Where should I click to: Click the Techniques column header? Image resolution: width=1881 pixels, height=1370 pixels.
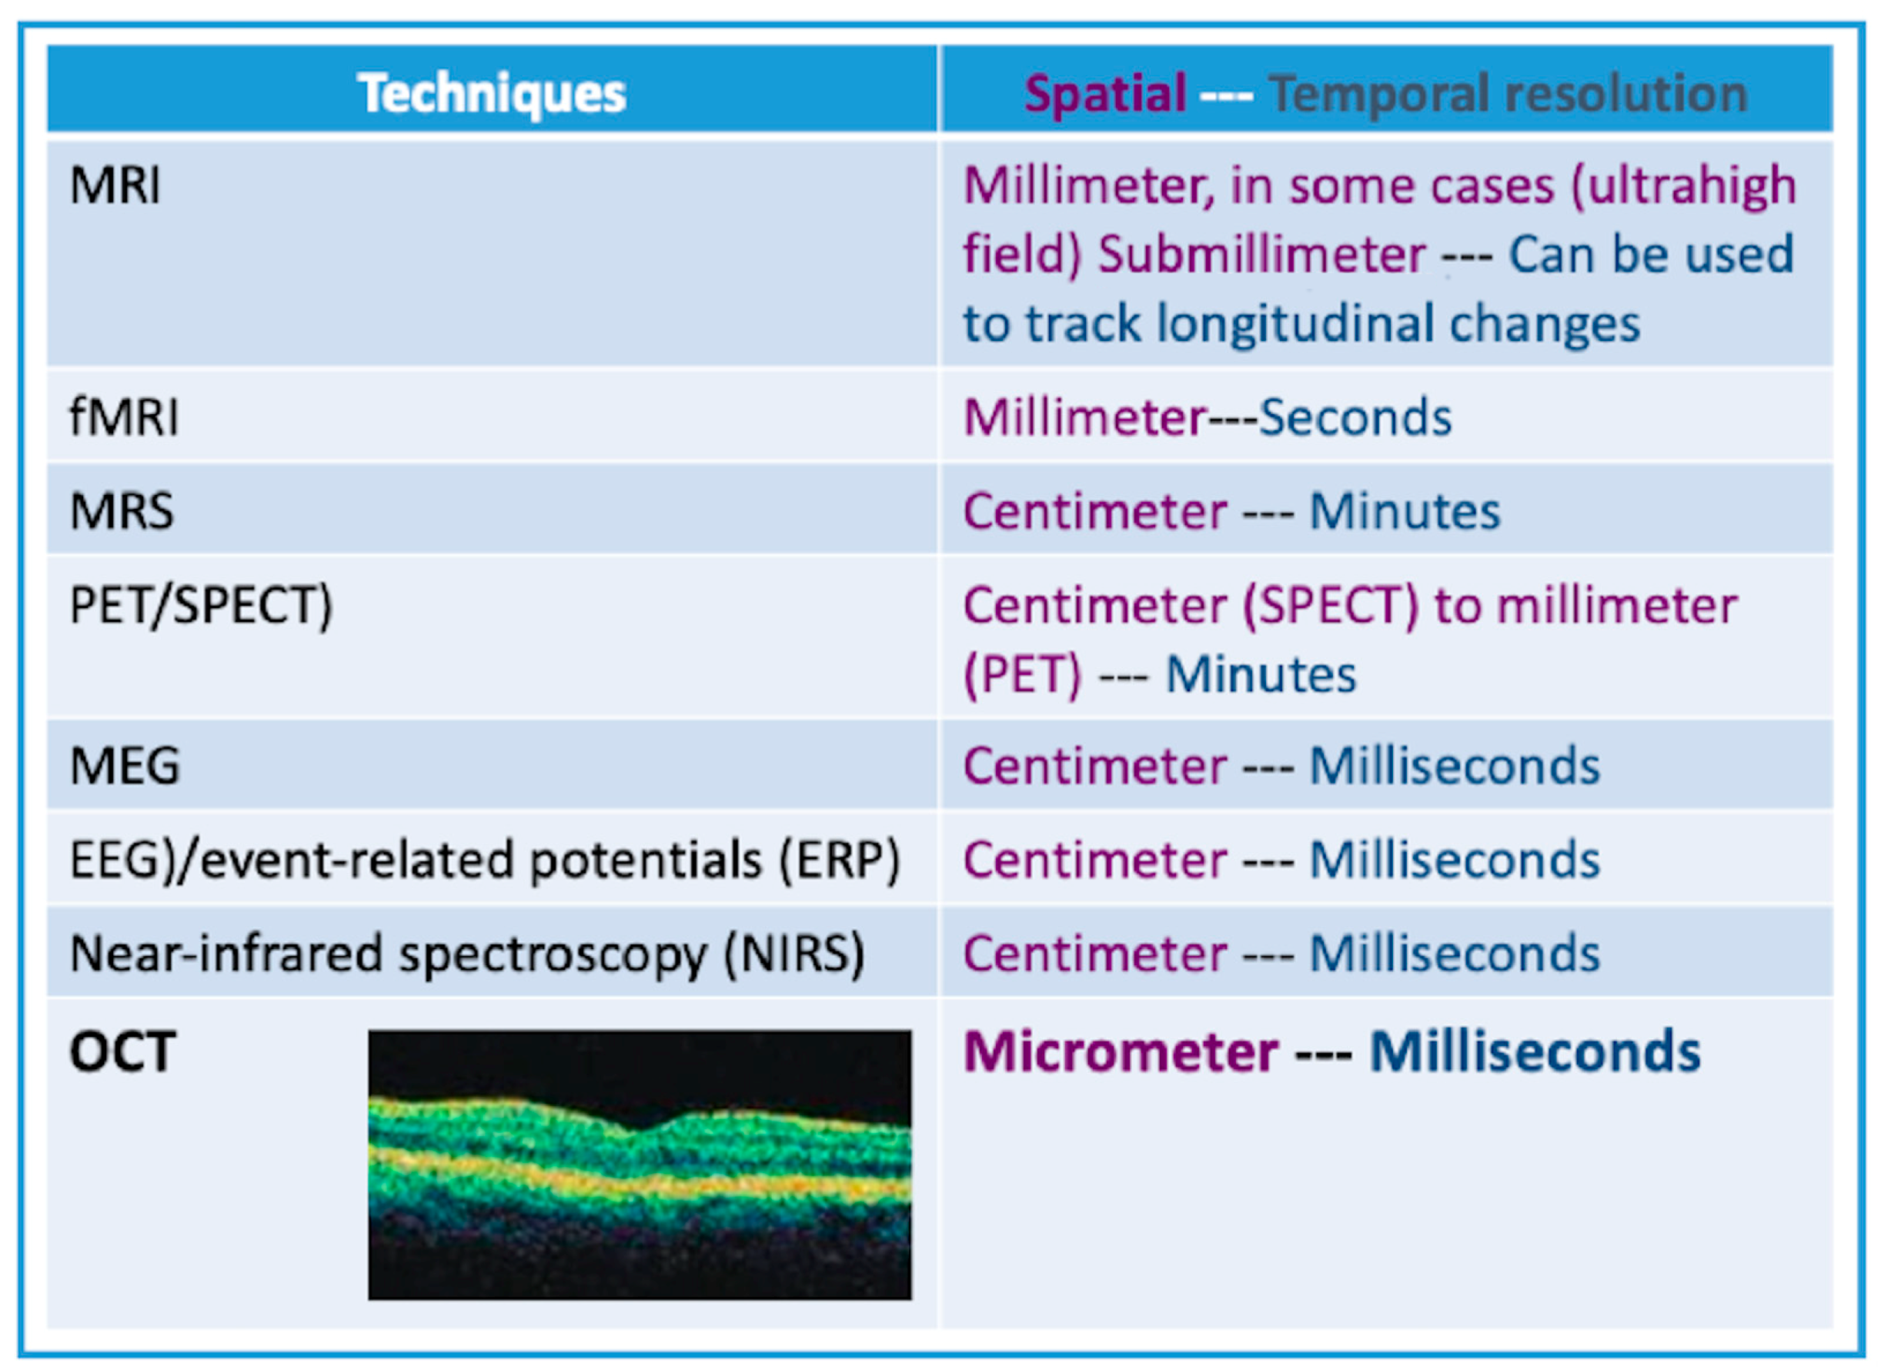[492, 93]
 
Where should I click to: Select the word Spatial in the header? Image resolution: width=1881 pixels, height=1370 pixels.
[1105, 94]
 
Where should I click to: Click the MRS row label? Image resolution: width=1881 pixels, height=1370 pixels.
[122, 510]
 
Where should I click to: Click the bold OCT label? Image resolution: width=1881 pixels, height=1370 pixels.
[122, 1051]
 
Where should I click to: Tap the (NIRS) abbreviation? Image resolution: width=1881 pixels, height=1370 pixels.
[794, 954]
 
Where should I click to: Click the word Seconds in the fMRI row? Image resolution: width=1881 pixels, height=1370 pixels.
[1355, 416]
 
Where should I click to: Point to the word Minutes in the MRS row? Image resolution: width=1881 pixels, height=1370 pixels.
[1405, 511]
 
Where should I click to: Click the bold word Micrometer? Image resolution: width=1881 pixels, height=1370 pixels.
[1121, 1051]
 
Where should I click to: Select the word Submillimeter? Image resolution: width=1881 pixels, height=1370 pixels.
[1262, 254]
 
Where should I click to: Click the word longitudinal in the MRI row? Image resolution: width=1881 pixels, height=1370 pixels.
[1295, 323]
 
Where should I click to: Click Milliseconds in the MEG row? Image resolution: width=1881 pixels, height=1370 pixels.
[1455, 766]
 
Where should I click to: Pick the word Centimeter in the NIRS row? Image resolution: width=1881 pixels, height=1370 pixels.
[1094, 954]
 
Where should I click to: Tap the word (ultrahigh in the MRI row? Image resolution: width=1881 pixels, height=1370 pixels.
[1684, 185]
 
